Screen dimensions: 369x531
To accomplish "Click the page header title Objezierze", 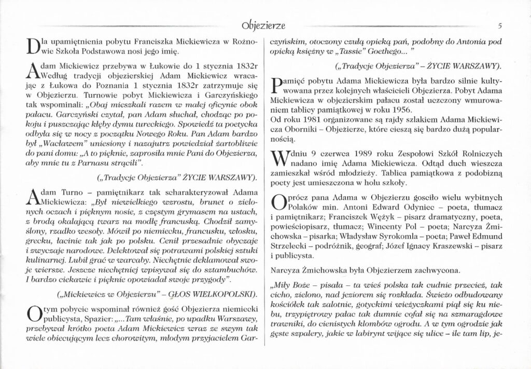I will [x=265, y=25].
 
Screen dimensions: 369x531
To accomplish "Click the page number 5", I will [x=498, y=25].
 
